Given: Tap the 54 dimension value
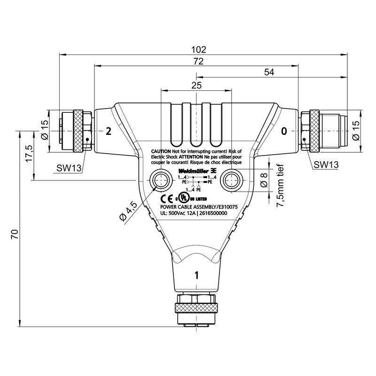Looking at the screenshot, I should click(x=269, y=72).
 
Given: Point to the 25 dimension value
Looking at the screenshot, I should click(x=196, y=85).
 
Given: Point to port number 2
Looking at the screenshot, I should click(x=108, y=131).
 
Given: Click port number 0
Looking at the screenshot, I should click(x=283, y=131).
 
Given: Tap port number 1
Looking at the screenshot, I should click(x=196, y=275).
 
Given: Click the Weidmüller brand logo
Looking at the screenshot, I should click(x=193, y=170).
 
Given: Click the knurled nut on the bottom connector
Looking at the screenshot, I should click(x=196, y=308).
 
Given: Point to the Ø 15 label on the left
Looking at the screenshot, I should click(x=45, y=130).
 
